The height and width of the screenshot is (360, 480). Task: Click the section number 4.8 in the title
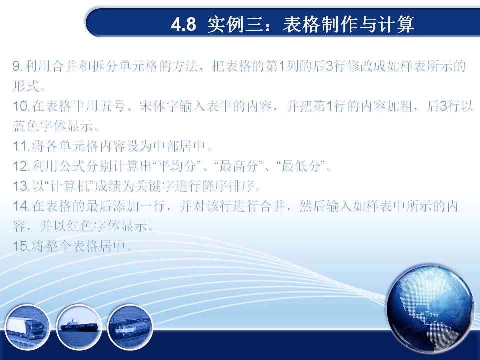(183, 24)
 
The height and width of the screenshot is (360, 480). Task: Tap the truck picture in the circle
(27, 327)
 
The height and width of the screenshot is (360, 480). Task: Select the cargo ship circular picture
(79, 327)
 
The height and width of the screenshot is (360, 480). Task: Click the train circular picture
(130, 327)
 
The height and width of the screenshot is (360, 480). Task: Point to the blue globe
(430, 309)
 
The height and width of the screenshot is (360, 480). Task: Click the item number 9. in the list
(18, 66)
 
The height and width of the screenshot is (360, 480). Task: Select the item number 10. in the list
(21, 106)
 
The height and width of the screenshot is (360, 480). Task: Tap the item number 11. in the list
(21, 146)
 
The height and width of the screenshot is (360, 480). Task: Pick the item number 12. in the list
(21, 166)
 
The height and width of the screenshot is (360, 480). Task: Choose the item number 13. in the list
(21, 186)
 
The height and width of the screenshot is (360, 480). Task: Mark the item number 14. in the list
(21, 206)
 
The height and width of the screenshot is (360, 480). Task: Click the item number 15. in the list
(21, 246)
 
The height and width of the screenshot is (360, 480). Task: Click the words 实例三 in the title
(235, 24)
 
